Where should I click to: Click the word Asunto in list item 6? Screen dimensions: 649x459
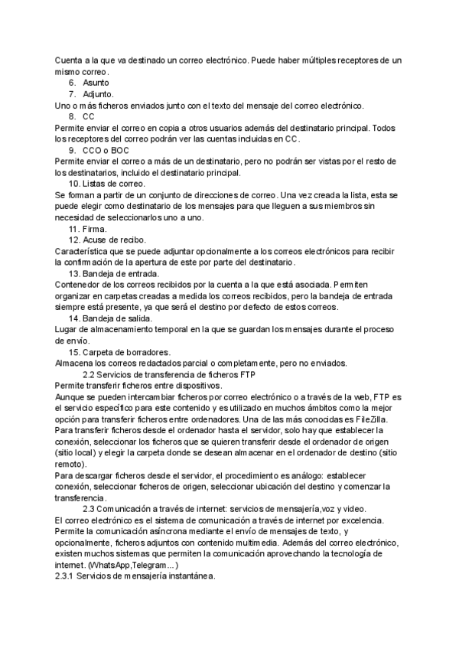(x=96, y=83)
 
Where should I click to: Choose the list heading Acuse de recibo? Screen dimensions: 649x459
(x=113, y=240)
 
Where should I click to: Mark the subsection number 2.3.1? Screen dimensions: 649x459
(x=68, y=577)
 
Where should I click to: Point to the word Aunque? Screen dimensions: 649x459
(x=71, y=397)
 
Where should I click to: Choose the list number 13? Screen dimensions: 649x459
(x=74, y=273)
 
